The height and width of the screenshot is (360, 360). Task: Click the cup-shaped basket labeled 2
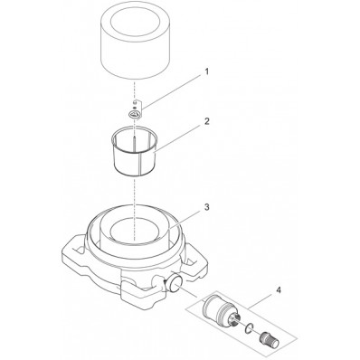click(137, 156)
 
